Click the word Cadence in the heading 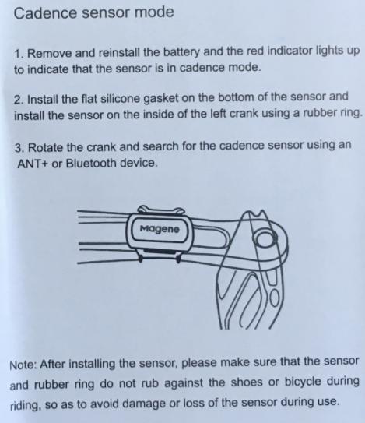(x=45, y=12)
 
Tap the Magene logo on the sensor (x=160, y=229)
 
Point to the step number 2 (x=19, y=100)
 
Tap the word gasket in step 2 (x=160, y=98)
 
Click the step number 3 (x=19, y=148)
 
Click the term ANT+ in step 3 (x=33, y=164)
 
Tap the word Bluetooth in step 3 (x=90, y=163)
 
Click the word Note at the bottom (x=23, y=365)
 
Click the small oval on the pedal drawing (x=275, y=298)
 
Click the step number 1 (x=19, y=54)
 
